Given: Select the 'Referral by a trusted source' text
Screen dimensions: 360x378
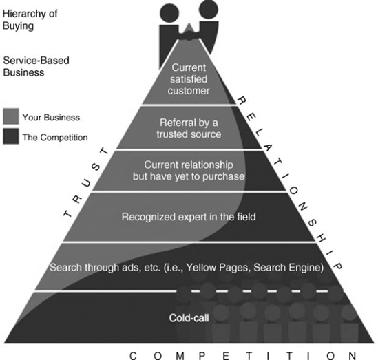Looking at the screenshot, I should click(188, 128).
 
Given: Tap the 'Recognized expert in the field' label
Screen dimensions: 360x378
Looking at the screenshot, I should click(189, 217).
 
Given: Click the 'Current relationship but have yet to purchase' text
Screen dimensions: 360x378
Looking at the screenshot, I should click(189, 171).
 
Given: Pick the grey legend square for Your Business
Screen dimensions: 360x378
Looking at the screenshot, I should click(12, 116).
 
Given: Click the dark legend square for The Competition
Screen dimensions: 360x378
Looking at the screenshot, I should click(12, 136).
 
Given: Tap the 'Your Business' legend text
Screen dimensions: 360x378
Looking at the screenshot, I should click(51, 117).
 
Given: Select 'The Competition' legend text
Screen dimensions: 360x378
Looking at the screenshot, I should click(55, 137).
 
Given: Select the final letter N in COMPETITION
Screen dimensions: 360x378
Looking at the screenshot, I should click(352, 355).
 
